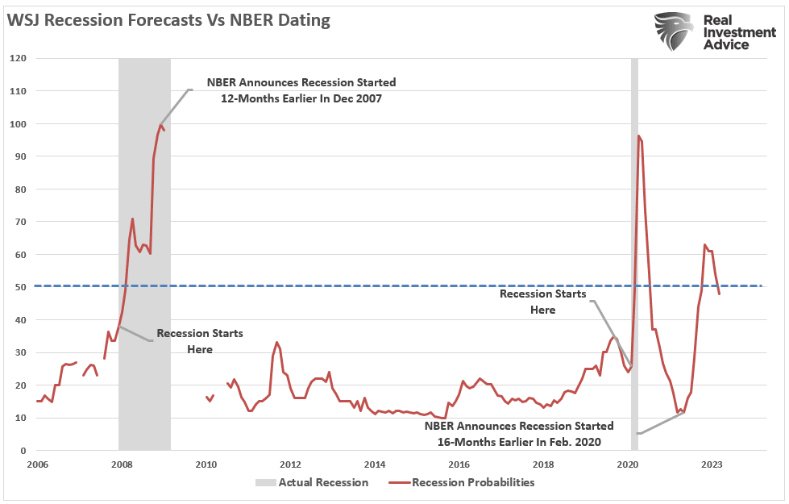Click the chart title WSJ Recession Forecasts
(x=168, y=21)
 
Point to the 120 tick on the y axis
(x=18, y=58)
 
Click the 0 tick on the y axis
(x=23, y=450)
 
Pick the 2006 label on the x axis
(x=37, y=464)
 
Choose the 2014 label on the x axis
(x=374, y=464)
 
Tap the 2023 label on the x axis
(x=711, y=464)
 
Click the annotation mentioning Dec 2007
(x=301, y=90)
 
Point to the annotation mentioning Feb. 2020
(x=519, y=434)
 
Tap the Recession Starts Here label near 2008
(x=199, y=341)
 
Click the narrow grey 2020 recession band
(x=634, y=242)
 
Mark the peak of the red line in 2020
(x=638, y=136)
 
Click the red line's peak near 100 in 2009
(x=160, y=124)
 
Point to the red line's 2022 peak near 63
(x=705, y=244)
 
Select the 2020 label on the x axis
(x=627, y=464)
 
